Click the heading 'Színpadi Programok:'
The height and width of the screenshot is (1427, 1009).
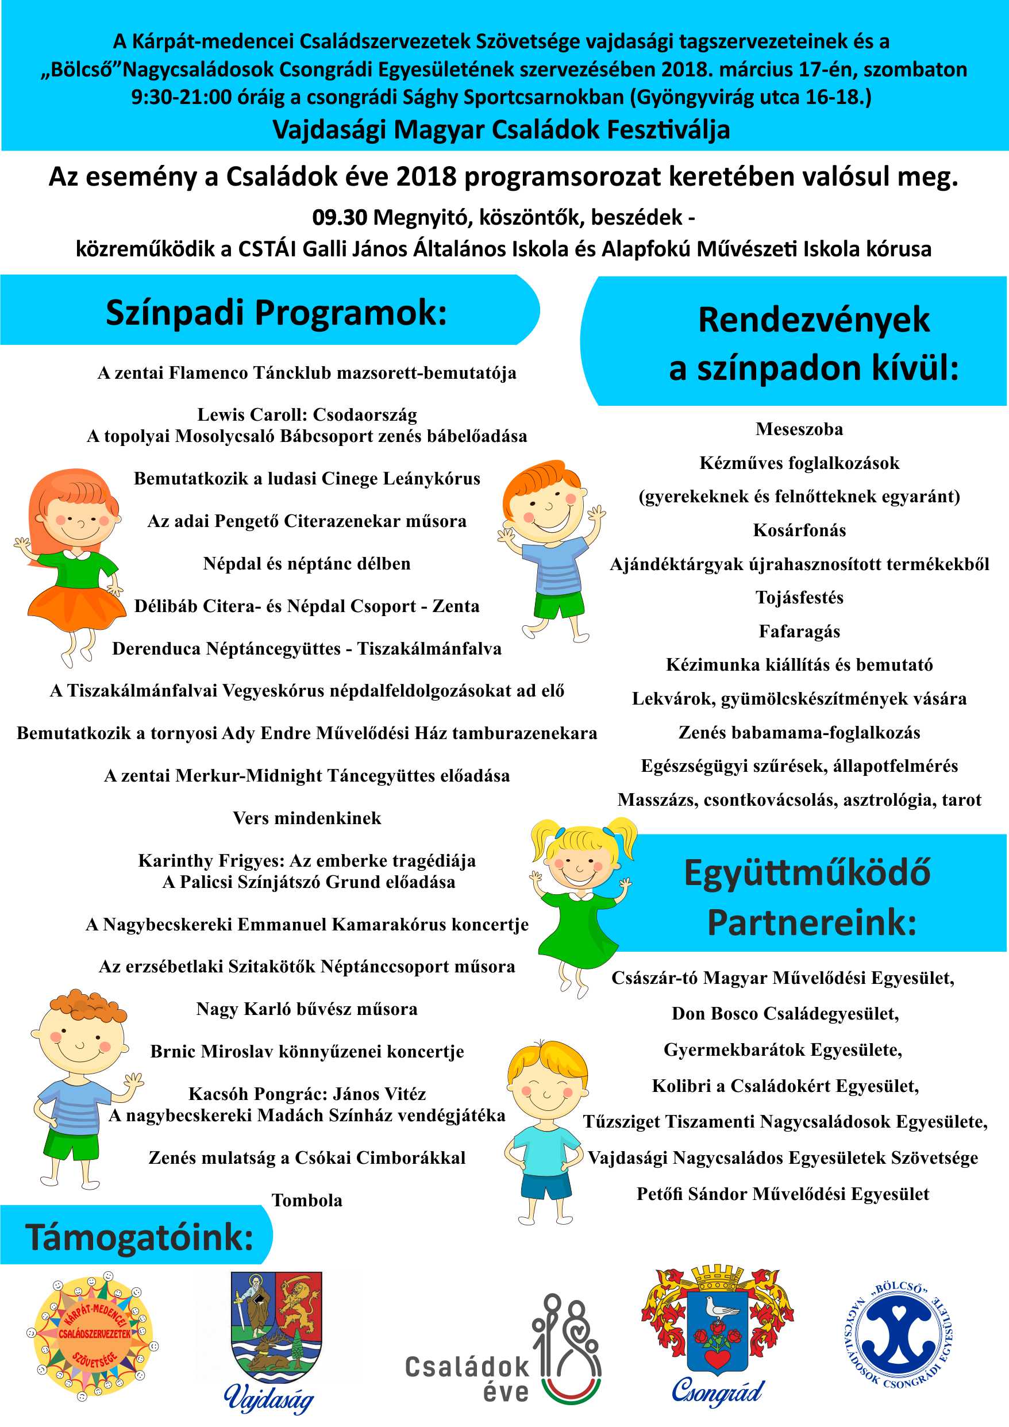coord(276,312)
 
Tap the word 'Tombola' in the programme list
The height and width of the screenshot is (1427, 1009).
coord(307,1200)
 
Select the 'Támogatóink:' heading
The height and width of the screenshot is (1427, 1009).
coord(139,1237)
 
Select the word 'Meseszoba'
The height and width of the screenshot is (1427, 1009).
coord(799,429)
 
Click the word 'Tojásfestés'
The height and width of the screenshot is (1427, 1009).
coord(799,598)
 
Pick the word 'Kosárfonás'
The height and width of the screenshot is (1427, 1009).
coord(799,530)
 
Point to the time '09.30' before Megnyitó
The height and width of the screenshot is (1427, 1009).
coord(339,218)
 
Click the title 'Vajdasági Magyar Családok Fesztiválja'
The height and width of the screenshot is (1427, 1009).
coord(502,130)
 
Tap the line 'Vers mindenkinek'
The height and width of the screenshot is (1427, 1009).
coord(307,818)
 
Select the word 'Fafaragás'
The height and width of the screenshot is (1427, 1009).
coord(799,632)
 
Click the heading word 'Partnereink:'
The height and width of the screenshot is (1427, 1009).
coord(811,922)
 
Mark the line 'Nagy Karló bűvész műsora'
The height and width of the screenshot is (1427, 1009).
coord(307,1009)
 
